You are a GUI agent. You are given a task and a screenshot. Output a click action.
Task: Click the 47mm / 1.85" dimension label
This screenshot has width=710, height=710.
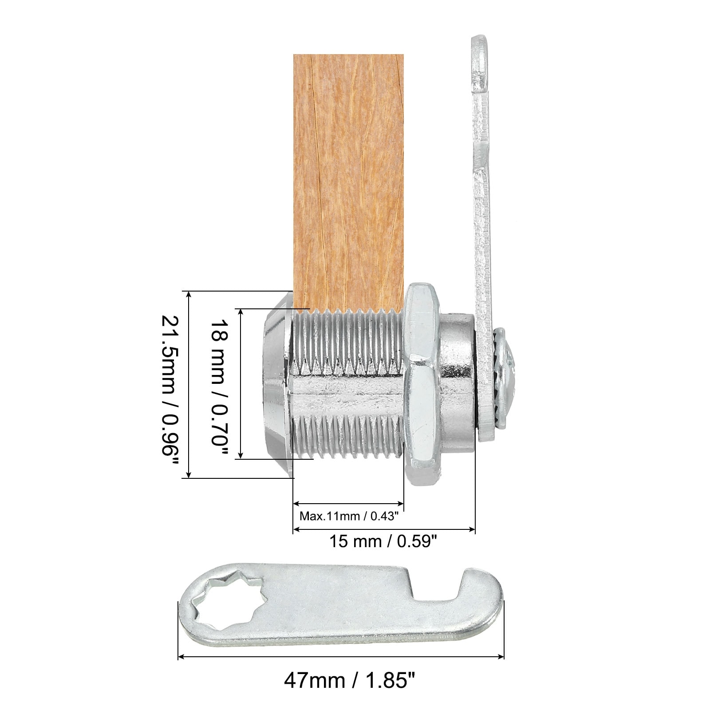coord(350,692)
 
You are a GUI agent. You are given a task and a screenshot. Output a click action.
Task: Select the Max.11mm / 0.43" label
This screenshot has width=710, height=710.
coord(350,516)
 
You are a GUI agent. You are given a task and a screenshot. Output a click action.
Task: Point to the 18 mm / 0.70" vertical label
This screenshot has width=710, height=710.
coord(219,384)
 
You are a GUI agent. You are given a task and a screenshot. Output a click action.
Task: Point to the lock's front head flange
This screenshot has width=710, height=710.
coord(277,384)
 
